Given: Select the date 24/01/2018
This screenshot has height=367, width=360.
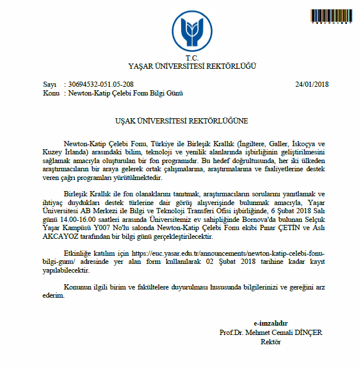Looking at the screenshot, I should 312,84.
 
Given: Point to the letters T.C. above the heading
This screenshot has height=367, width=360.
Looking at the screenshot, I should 192,58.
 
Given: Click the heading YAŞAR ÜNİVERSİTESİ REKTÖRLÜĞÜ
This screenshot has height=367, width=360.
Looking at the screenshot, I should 192,66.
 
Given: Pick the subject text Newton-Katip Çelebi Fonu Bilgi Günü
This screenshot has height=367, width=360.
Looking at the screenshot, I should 126,93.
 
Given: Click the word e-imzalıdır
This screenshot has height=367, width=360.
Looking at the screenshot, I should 270,324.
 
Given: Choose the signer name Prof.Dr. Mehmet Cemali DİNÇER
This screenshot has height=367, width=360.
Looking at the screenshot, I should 270,333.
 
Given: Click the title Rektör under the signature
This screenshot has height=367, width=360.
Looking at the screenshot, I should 271,342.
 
